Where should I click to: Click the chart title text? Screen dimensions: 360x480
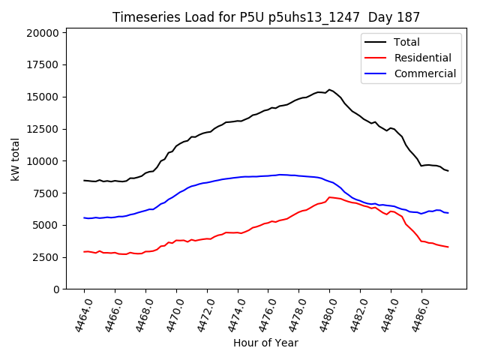tap(266, 16)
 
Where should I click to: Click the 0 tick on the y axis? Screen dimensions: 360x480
tap(55, 289)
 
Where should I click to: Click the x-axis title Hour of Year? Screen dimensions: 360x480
tap(265, 343)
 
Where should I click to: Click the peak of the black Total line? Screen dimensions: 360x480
tap(329, 90)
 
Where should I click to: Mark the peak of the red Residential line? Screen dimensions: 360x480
tap(329, 197)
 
